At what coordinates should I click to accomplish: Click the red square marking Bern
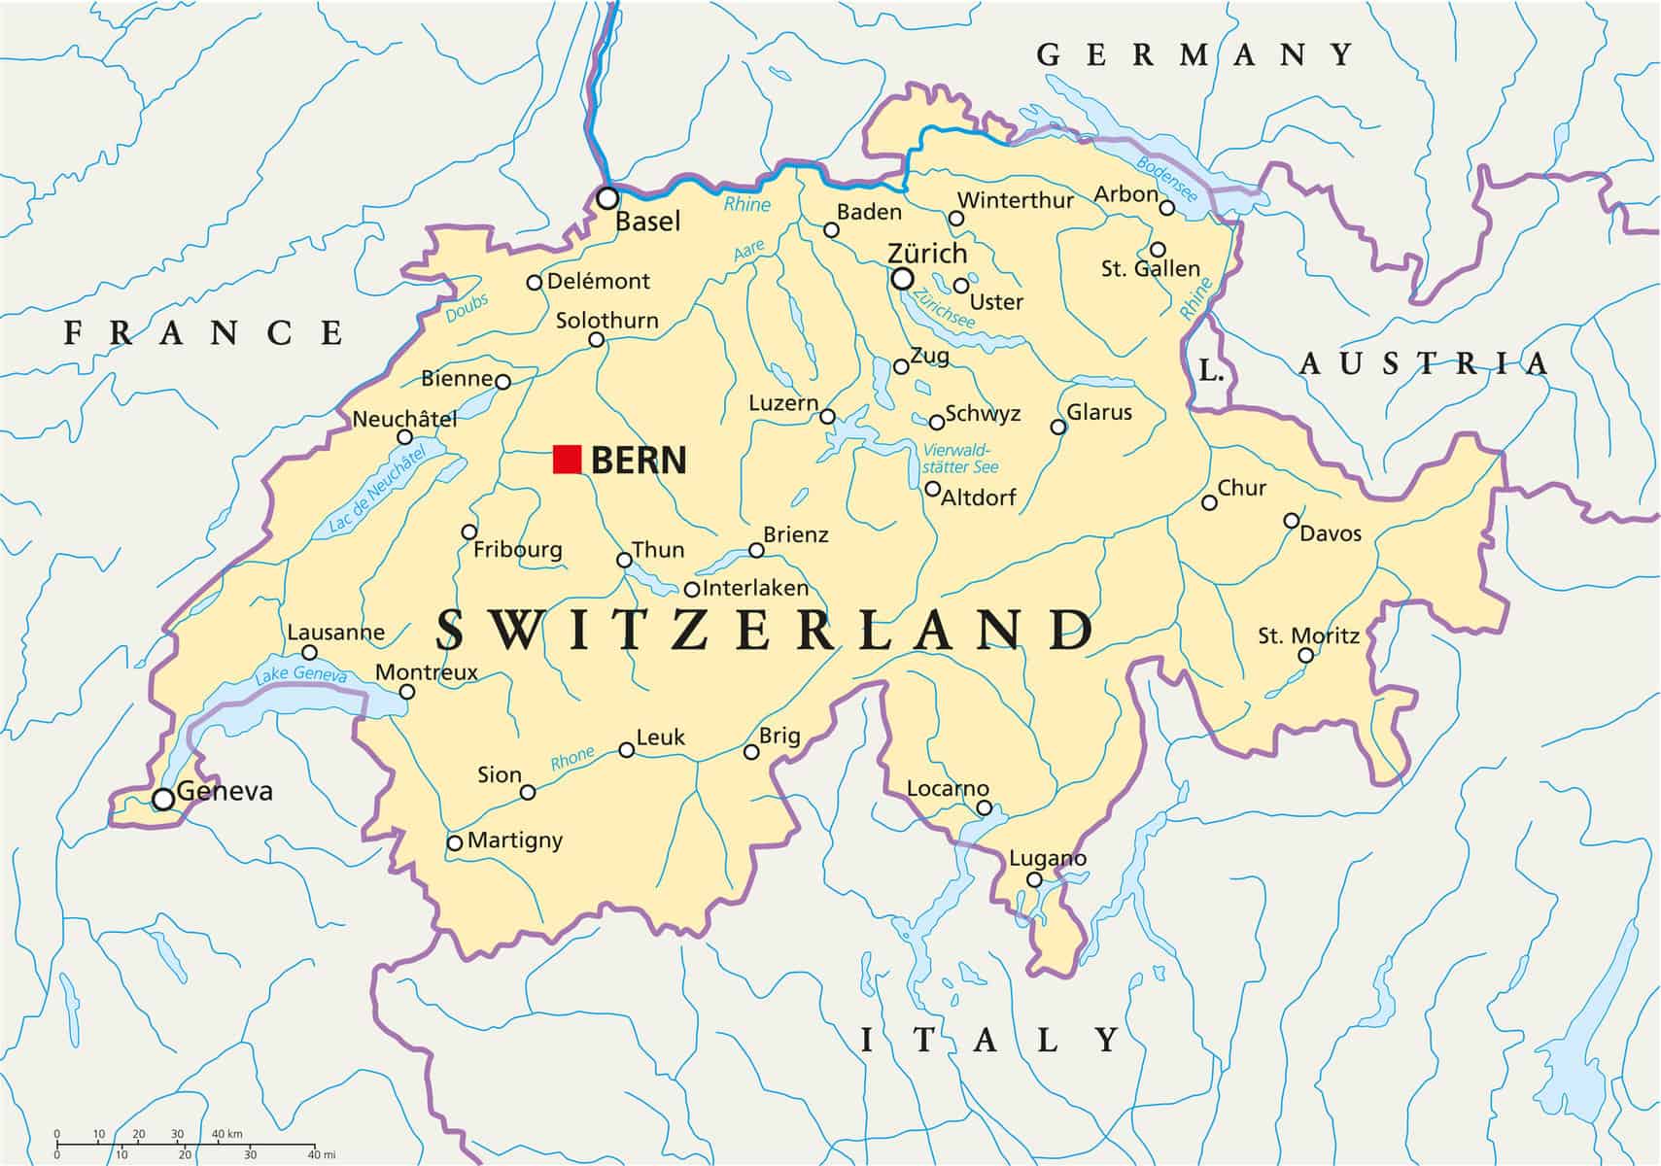567,459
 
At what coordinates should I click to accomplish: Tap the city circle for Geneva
164,799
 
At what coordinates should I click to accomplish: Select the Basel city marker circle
607,198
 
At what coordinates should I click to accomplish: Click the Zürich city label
927,254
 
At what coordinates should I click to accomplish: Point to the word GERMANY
1194,54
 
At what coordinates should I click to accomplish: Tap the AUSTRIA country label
1425,364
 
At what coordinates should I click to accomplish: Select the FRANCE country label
204,333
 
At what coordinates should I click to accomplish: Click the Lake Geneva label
300,675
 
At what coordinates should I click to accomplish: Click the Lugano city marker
1034,880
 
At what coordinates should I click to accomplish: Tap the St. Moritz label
1308,636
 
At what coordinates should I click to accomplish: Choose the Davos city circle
1292,521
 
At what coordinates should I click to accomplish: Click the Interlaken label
755,588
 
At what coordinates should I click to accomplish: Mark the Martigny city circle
454,842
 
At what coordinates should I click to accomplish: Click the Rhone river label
572,758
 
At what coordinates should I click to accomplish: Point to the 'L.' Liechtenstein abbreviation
1210,370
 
